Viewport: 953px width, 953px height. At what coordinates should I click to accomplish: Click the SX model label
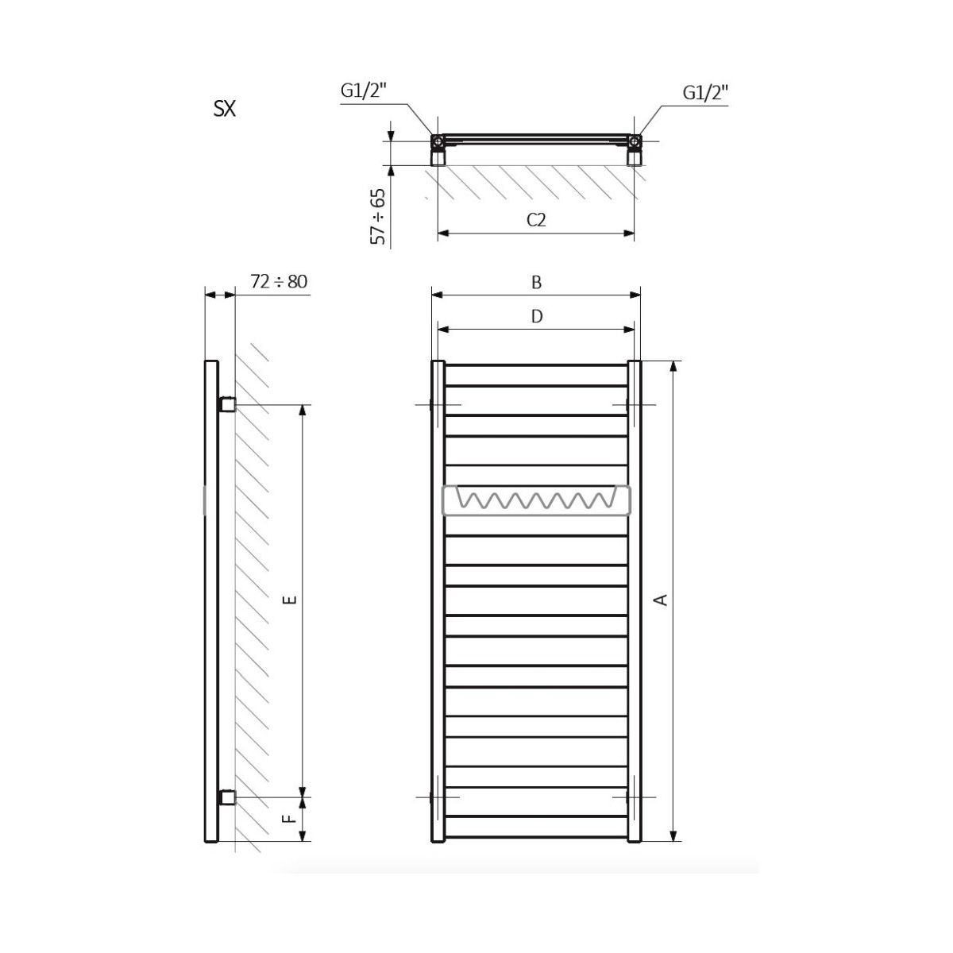pos(225,109)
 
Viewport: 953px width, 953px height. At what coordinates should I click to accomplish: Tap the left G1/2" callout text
pos(364,91)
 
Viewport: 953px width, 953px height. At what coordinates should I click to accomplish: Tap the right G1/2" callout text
pos(706,92)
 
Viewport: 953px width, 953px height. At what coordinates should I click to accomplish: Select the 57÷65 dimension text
pos(378,216)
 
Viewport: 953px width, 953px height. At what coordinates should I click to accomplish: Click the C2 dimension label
pos(536,219)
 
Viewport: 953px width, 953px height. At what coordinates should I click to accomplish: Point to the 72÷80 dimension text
pos(279,281)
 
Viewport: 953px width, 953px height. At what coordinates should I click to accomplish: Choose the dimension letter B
pos(537,283)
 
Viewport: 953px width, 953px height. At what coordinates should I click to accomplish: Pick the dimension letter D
pos(537,316)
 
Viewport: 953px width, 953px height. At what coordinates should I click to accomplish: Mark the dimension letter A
pos(661,600)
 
